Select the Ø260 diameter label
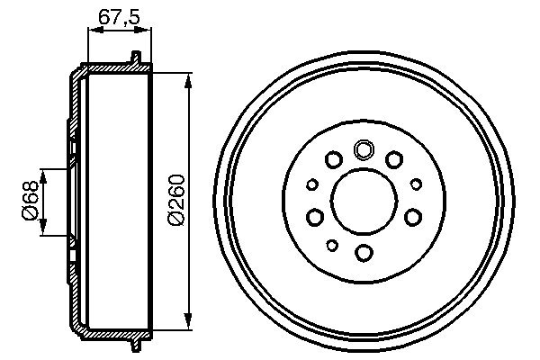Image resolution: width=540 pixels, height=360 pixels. tap(176, 200)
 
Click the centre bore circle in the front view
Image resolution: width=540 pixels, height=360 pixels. tap(364, 200)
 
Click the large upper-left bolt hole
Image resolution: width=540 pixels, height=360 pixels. tap(333, 160)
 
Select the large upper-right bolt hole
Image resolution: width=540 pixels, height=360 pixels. tap(394, 160)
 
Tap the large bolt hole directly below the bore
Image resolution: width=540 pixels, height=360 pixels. tap(364, 252)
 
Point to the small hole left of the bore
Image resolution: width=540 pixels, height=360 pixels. tap(312, 184)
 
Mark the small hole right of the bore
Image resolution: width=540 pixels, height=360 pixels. tap(416, 184)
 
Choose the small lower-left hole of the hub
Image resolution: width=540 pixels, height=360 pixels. tap(332, 245)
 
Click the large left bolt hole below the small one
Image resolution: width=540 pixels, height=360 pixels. tap(314, 216)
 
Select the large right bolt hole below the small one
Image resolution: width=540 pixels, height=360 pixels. tap(413, 216)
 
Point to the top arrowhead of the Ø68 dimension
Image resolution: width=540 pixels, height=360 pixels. tap(41, 172)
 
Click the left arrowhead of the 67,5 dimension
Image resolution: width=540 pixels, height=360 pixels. tap(92, 30)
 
